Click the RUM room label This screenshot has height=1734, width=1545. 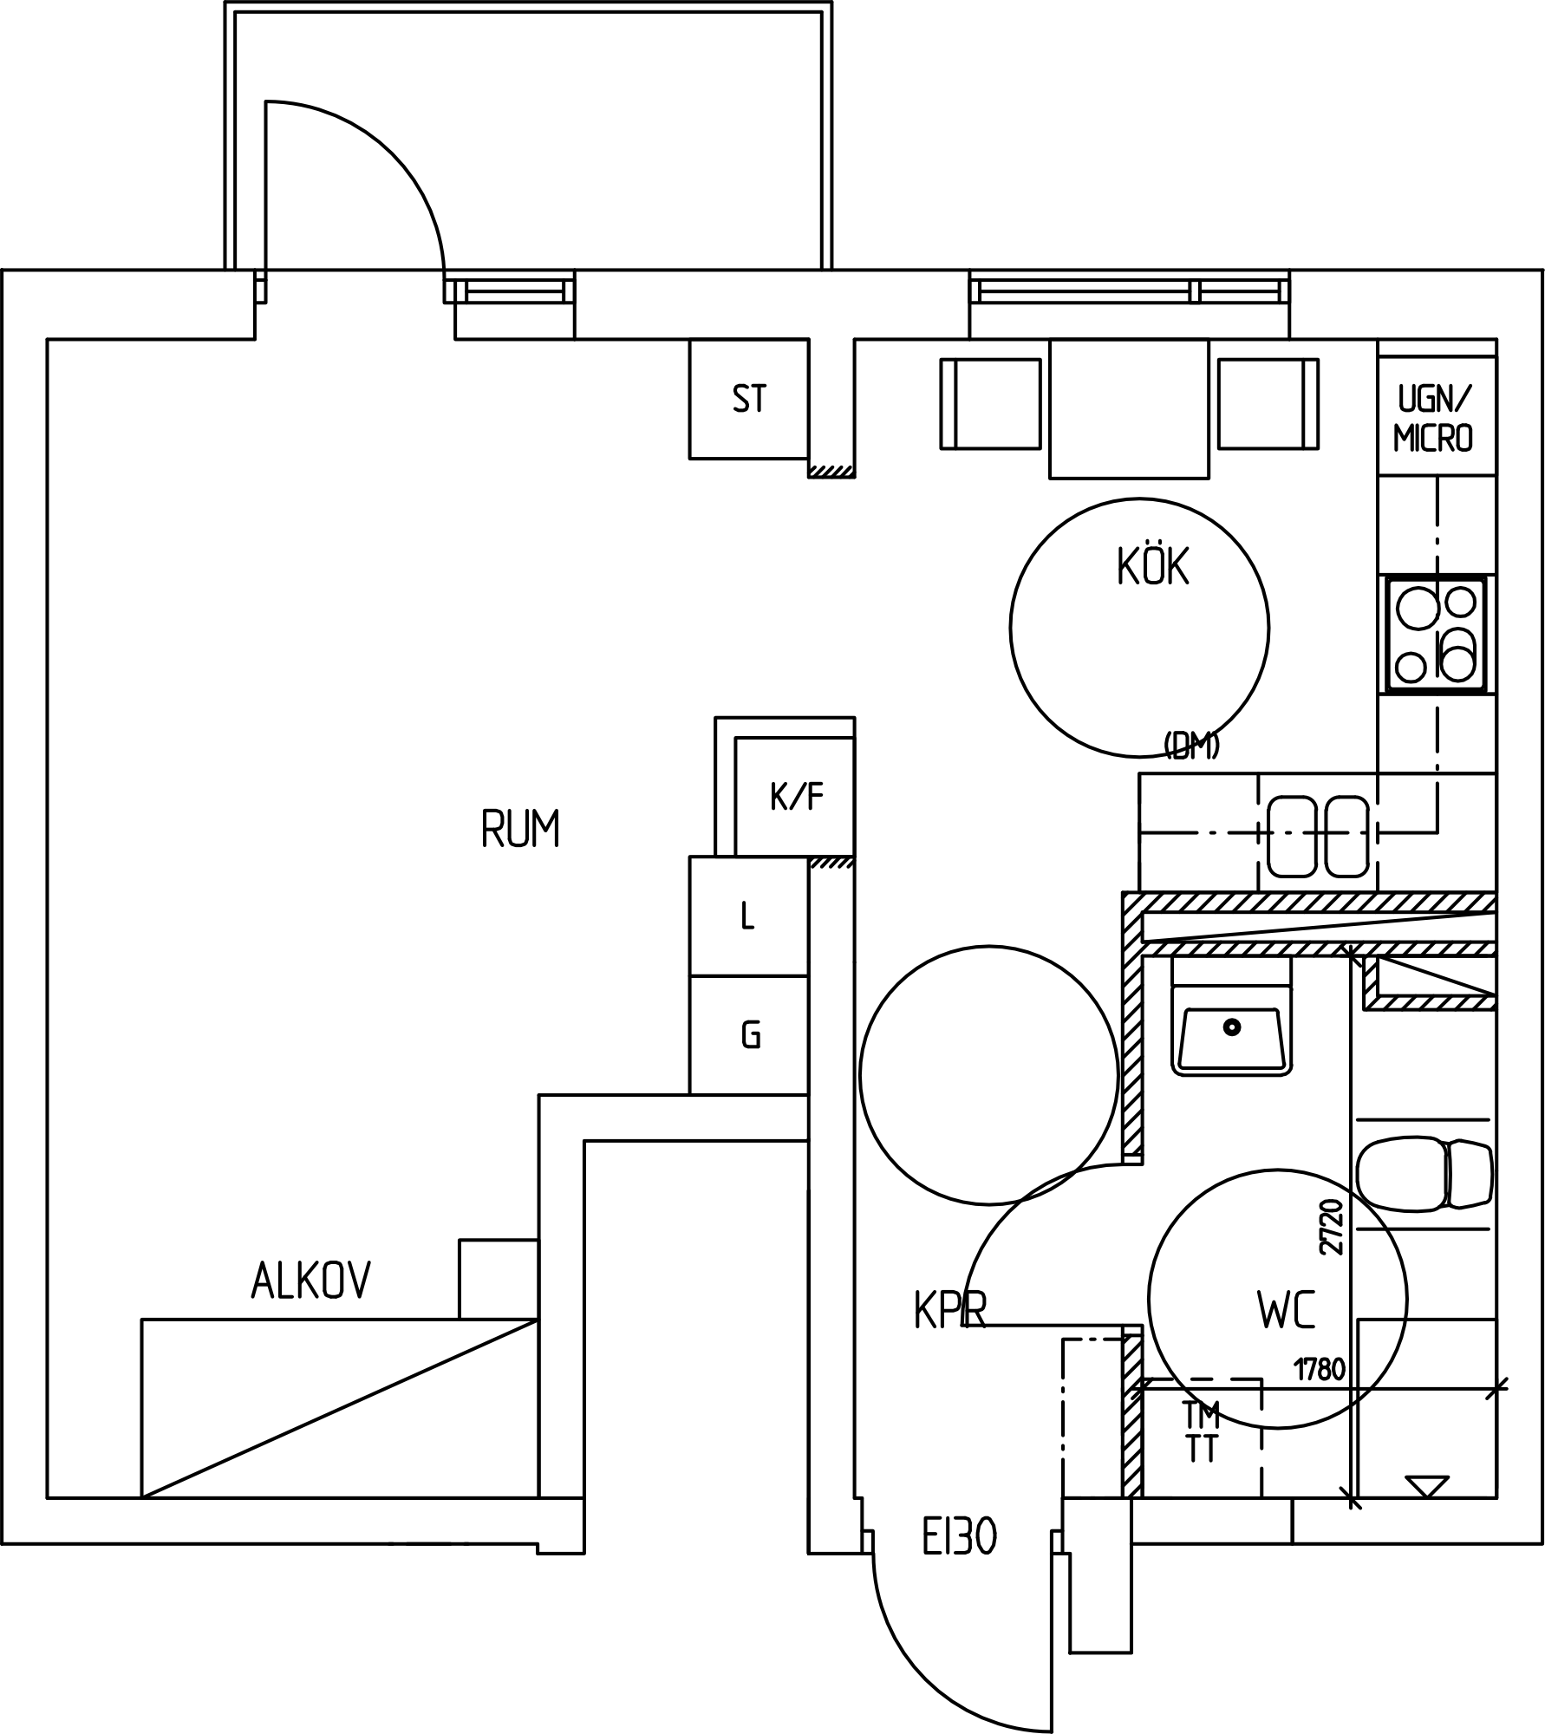pyautogui.click(x=520, y=828)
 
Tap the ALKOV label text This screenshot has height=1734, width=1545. pyautogui.click(x=311, y=1280)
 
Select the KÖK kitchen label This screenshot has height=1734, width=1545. pyautogui.click(x=1153, y=566)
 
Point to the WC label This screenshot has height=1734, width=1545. pyautogui.click(x=1287, y=1310)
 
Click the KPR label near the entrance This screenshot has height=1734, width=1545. pyautogui.click(x=950, y=1310)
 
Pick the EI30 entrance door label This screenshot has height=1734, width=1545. pyautogui.click(x=959, y=1538)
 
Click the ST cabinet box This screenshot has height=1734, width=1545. pyautogui.click(x=749, y=399)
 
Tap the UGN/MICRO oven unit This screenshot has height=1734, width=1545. pyautogui.click(x=1437, y=415)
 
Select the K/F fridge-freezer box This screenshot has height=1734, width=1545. pyautogui.click(x=794, y=797)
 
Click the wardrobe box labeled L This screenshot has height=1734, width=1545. pyautogui.click(x=749, y=916)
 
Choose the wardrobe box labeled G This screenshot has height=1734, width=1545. pyautogui.click(x=749, y=1035)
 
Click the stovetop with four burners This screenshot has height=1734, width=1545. pyautogui.click(x=1437, y=635)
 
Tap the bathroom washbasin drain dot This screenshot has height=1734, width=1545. pyautogui.click(x=1232, y=1027)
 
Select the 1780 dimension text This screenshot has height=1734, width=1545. pyautogui.click(x=1320, y=1370)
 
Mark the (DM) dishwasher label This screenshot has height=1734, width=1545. pyautogui.click(x=1192, y=746)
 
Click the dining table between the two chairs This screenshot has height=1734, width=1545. pyautogui.click(x=1129, y=408)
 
